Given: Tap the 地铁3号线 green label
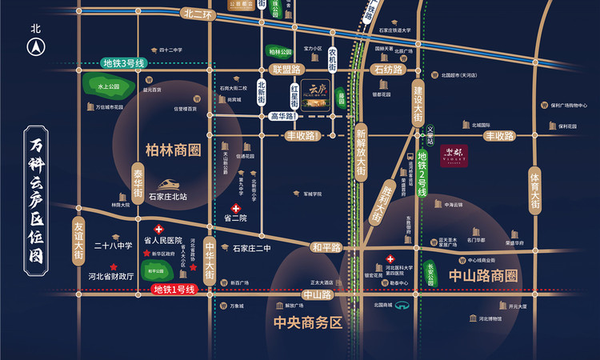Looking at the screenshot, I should click(x=123, y=64).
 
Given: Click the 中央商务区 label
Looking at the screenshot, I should click(x=307, y=324).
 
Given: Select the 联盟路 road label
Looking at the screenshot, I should click(x=285, y=70).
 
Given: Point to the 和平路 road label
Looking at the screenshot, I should click(x=326, y=247).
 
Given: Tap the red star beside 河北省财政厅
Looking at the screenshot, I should click(x=114, y=267).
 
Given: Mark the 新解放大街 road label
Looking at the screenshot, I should click(x=361, y=151).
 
